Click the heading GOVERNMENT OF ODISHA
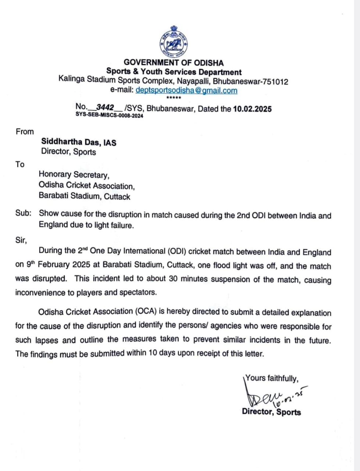174,63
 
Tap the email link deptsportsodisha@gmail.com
186,90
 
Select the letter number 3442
105,107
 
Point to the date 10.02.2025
252,109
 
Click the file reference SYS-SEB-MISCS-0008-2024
109,116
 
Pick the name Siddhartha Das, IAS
79,142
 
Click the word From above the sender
25,132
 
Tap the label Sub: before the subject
23,213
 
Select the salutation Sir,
21,240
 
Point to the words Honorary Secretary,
74,174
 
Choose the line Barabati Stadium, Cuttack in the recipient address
85,196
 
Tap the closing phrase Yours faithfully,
272,378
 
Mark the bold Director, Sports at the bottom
271,412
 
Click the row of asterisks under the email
174,98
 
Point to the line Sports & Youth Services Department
174,72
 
